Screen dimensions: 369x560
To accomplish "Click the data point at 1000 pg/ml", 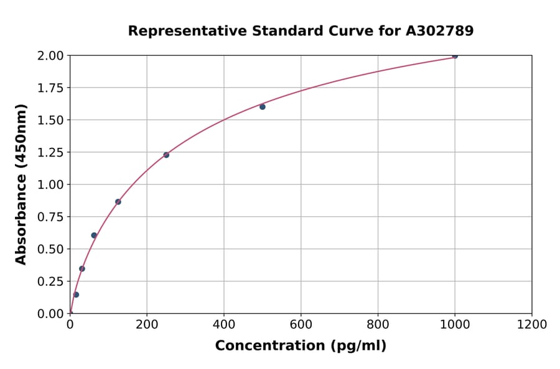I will pos(455,56).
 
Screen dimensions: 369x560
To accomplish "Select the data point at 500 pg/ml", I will pos(263,107).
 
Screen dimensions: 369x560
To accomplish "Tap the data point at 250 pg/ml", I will pos(166,155).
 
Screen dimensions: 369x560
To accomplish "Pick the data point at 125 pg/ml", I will pos(118,202).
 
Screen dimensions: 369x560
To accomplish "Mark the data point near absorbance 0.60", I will pos(94,235).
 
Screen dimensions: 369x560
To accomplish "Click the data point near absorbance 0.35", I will pos(82,269).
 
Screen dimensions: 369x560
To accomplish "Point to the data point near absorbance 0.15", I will pos(76,294).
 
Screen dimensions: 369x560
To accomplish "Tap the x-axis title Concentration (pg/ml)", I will pos(301,346).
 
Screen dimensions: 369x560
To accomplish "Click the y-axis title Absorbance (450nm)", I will pos(21,184).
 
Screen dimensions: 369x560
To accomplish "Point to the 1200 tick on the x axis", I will pos(532,324).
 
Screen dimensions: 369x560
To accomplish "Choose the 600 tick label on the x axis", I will pos(301,324).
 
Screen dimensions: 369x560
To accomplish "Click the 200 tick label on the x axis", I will pos(147,324).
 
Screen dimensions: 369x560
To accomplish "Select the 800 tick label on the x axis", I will pos(378,324).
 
